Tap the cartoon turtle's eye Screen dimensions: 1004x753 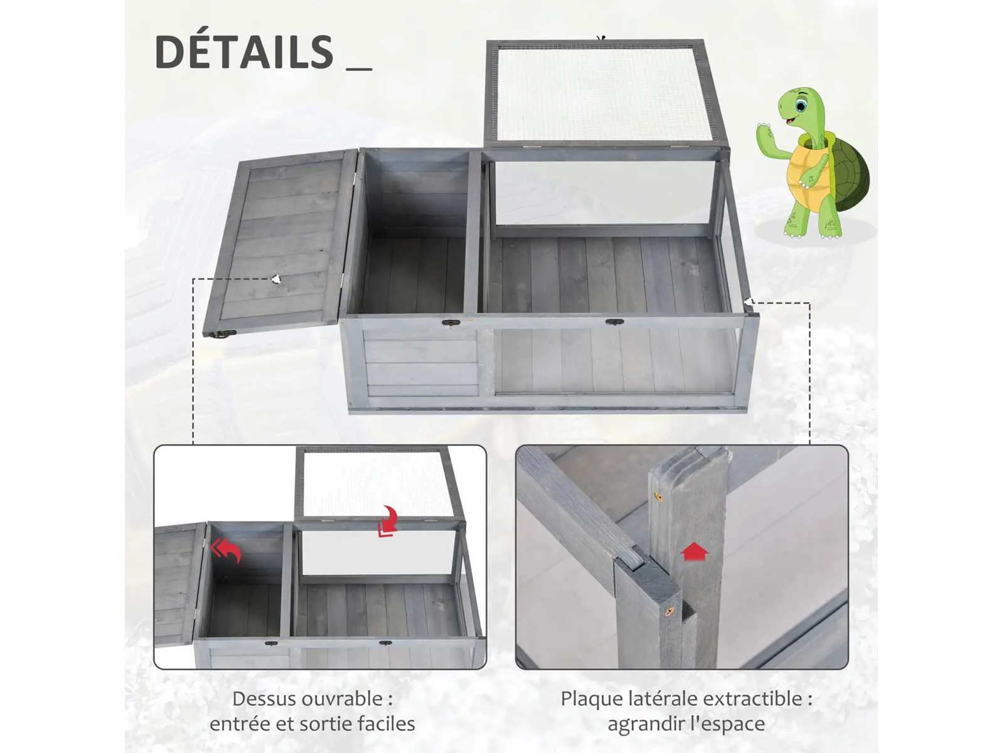tap(800, 106)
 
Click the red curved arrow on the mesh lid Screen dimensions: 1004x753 tap(387, 521)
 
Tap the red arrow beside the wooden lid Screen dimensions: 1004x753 tap(225, 550)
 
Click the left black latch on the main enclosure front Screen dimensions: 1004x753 tap(451, 323)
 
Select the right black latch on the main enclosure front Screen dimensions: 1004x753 tap(614, 322)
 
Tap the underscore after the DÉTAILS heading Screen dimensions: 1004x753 tap(359, 69)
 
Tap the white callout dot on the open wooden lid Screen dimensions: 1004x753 tap(276, 279)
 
